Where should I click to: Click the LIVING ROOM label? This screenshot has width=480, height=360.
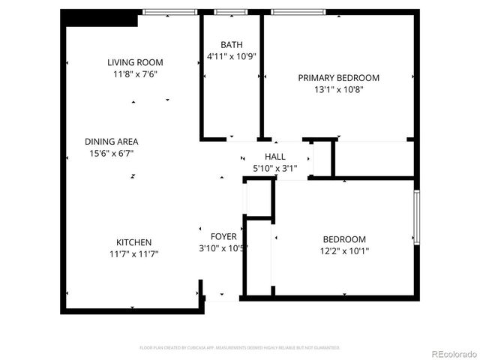[135, 62]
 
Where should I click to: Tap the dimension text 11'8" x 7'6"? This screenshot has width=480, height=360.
[135, 74]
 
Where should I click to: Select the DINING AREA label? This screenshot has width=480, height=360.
[112, 141]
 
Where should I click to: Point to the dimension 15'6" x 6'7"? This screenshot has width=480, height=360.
[112, 153]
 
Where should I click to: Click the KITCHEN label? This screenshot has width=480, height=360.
[134, 242]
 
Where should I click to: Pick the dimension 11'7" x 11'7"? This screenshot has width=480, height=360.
[134, 254]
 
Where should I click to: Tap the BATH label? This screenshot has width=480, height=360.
[232, 45]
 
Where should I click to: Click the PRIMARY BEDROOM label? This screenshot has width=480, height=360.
[338, 78]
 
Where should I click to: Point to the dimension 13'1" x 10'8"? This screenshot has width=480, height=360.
[338, 90]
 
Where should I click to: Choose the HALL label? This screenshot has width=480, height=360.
[275, 156]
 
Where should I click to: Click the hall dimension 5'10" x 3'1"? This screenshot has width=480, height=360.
[275, 168]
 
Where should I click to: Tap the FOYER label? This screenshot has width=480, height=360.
[223, 236]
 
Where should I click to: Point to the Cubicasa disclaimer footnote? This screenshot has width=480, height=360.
[240, 348]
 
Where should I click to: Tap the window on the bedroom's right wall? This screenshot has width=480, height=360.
[417, 217]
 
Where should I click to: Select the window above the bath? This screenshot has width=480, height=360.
[230, 12]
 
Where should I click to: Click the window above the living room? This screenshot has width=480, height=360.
[169, 12]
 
